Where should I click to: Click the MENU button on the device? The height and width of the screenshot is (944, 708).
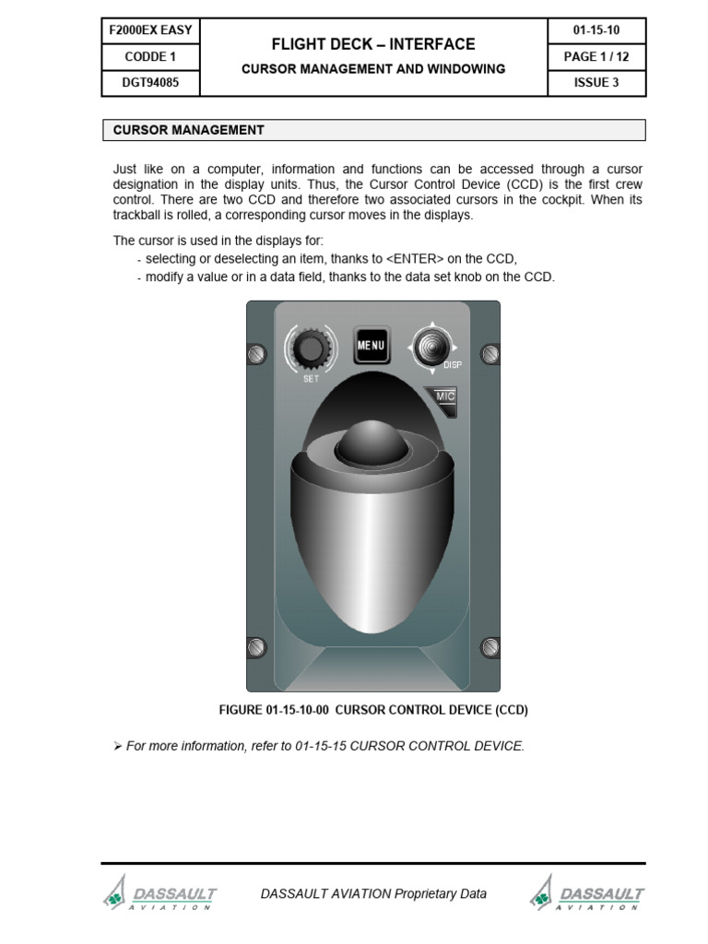(x=372, y=347)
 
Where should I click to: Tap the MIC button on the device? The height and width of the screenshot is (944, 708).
(x=444, y=397)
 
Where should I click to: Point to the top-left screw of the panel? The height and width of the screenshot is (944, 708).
(x=257, y=354)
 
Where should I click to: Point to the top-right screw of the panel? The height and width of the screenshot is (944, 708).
(x=490, y=353)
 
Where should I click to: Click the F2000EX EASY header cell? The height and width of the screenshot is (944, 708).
(x=150, y=30)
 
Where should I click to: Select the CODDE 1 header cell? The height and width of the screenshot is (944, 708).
(x=150, y=56)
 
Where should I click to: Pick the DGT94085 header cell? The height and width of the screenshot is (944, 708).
(x=150, y=82)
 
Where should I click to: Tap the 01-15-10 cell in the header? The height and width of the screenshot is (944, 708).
(x=596, y=30)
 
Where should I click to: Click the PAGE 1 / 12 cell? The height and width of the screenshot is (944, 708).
(x=596, y=56)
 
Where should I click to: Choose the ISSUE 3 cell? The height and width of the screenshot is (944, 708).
(x=596, y=82)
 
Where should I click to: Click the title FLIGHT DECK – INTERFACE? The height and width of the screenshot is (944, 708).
(x=373, y=44)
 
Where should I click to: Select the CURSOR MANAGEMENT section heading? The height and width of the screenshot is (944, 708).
(x=188, y=130)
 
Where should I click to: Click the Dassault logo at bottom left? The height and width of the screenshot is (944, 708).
(x=161, y=895)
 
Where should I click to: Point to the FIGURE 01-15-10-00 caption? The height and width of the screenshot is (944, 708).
(x=372, y=710)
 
